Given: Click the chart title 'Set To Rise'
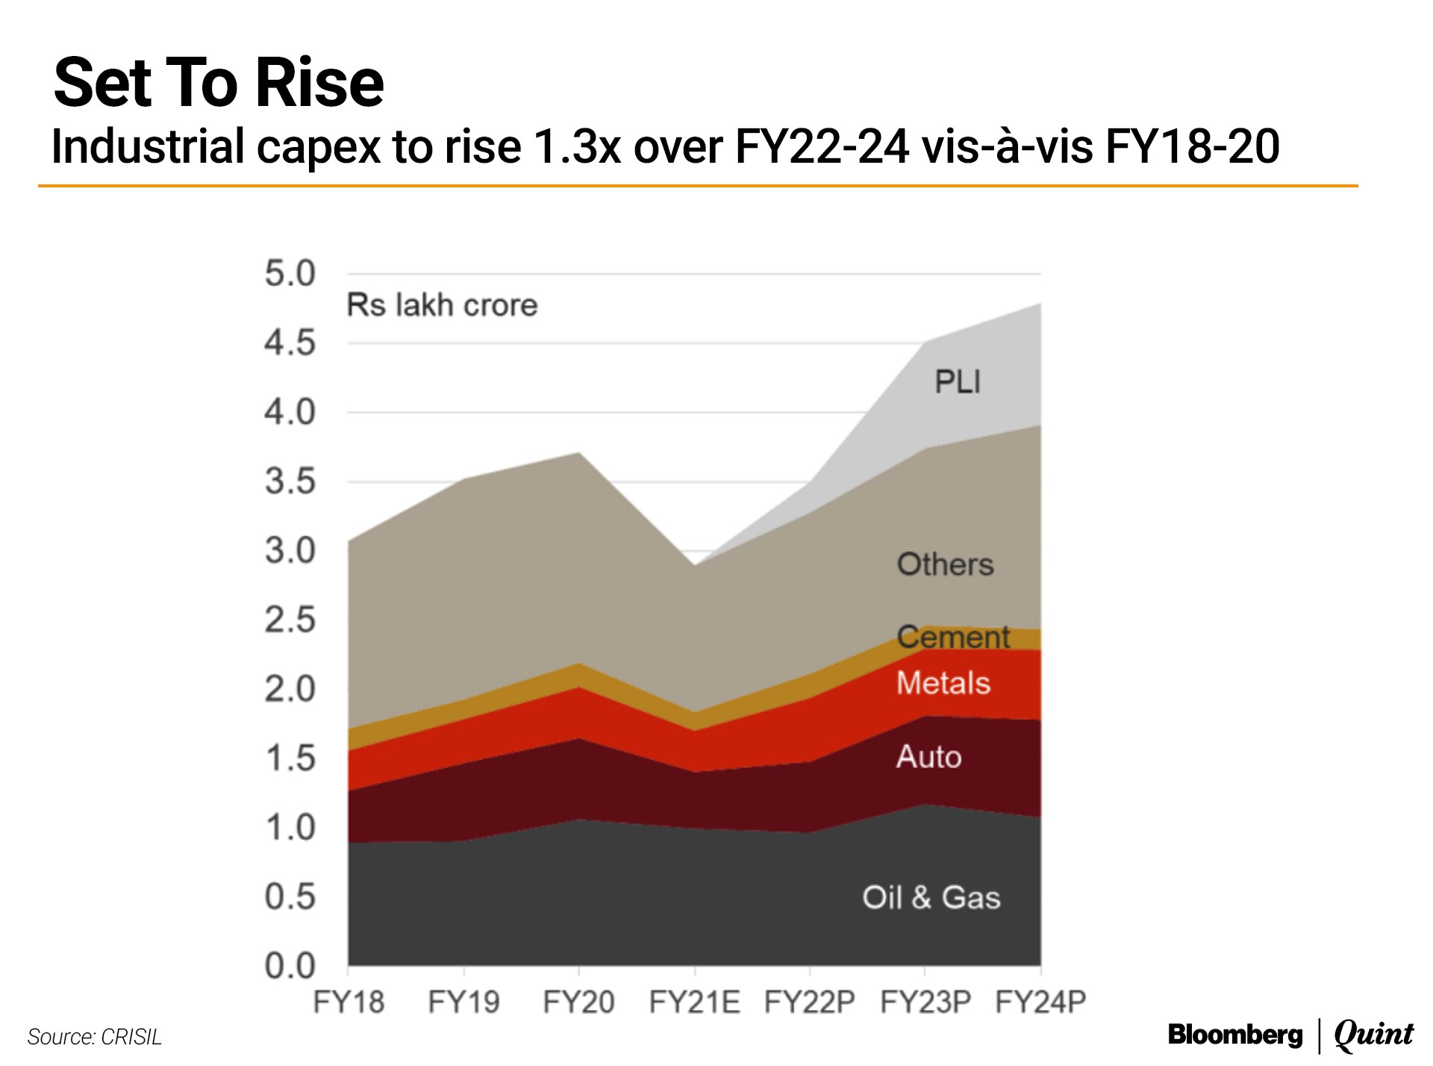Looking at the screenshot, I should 219,83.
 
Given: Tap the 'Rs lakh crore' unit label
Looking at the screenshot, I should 442,305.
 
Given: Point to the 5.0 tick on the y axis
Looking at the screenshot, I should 290,274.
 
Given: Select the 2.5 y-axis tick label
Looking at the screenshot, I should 290,620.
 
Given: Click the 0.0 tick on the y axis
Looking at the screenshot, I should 290,966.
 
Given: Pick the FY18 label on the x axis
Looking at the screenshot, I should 349,1002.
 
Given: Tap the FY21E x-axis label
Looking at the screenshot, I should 694,1002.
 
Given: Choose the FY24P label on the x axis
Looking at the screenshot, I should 1040,1002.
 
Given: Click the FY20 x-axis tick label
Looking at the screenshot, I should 578,1002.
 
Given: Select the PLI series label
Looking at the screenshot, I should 958,382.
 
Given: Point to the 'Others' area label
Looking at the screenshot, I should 945,565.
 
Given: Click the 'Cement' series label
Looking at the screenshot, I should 953,638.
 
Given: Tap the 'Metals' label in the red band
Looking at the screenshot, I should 943,684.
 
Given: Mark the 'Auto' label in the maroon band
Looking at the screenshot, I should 928,757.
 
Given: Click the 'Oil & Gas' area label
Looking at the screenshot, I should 931,897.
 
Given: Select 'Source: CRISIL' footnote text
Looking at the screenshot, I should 95,1037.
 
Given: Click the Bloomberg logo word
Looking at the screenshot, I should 1235,1035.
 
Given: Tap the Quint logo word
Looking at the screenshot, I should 1373,1035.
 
